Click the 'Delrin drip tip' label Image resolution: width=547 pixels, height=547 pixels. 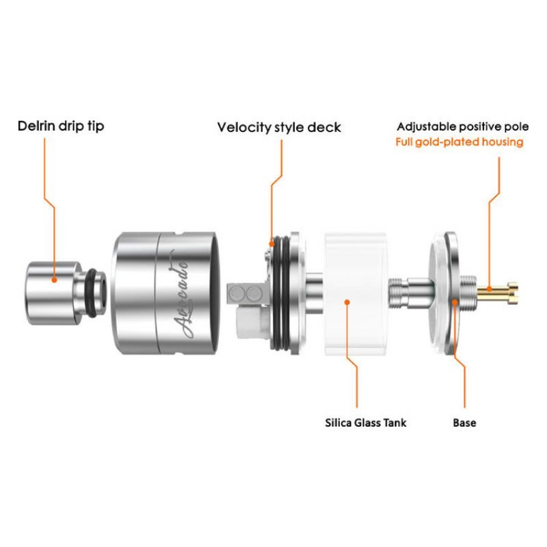click(x=61, y=126)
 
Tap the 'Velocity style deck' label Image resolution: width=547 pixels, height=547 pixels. click(x=279, y=127)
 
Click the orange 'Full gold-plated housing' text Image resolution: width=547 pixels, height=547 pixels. click(x=459, y=142)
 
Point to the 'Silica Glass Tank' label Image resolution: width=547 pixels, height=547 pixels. click(x=365, y=423)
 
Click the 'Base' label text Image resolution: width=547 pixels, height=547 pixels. click(x=464, y=423)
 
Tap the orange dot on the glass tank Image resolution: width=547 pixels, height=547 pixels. click(x=349, y=300)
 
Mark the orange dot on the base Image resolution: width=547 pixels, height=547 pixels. click(x=453, y=300)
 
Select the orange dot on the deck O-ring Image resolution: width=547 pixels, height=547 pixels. click(x=271, y=243)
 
